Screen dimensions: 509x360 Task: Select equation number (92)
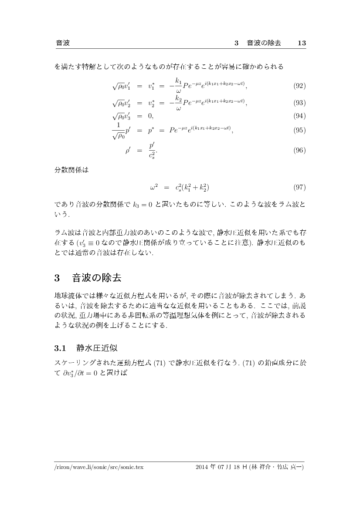point(300,86)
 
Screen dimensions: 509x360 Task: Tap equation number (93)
point(300,103)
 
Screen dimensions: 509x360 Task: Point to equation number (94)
point(300,116)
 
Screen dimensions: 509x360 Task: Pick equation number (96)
point(300,150)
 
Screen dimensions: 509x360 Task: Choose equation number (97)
point(300,188)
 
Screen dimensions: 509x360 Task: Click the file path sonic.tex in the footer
point(99,467)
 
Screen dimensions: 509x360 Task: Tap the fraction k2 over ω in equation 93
point(178,103)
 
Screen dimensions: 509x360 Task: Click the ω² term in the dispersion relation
point(153,188)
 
